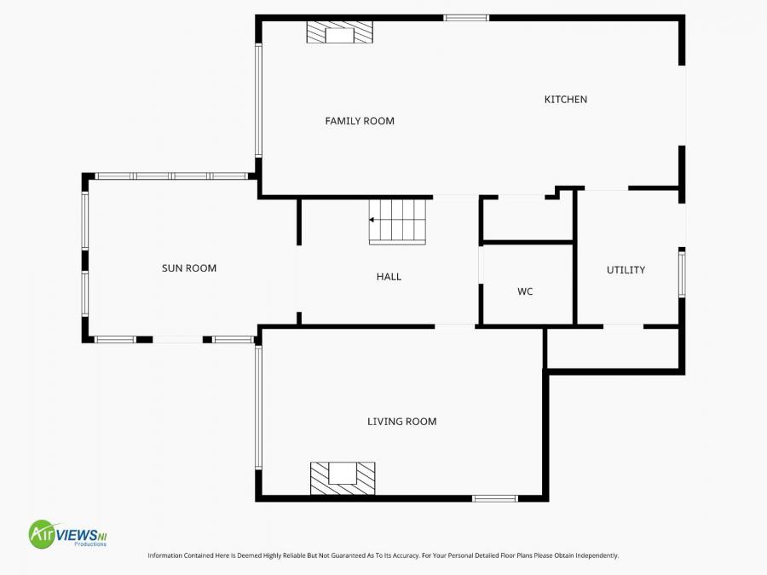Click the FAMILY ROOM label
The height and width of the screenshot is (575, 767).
(x=360, y=121)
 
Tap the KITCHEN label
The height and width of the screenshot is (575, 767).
(x=566, y=100)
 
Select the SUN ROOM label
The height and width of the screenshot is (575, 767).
(x=189, y=268)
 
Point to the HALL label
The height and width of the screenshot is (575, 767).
(x=389, y=277)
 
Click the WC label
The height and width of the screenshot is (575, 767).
(x=525, y=291)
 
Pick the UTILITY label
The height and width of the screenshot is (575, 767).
(x=626, y=270)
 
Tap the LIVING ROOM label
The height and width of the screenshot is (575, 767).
(x=402, y=422)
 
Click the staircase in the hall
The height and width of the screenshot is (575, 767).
(x=397, y=221)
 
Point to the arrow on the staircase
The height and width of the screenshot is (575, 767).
(x=372, y=220)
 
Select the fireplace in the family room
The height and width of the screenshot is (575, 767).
(x=340, y=33)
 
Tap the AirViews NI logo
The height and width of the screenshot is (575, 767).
(x=68, y=535)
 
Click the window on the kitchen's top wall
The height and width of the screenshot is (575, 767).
(x=466, y=18)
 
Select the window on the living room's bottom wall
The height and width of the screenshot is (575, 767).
(x=495, y=498)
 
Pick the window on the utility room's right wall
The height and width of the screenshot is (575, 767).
(x=682, y=273)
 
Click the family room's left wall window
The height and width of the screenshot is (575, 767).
(x=258, y=100)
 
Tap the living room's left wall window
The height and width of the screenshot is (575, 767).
(x=258, y=407)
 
